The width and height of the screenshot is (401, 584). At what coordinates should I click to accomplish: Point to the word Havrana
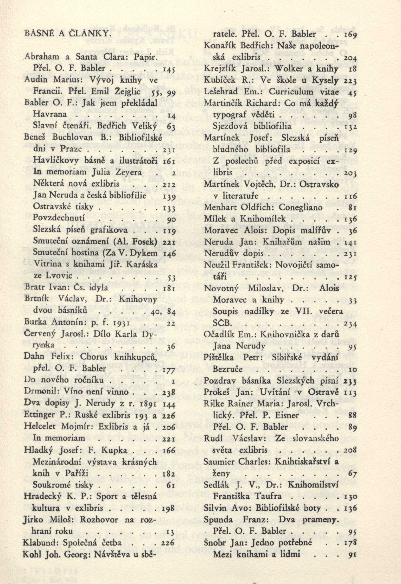pyautogui.click(x=50, y=114)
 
